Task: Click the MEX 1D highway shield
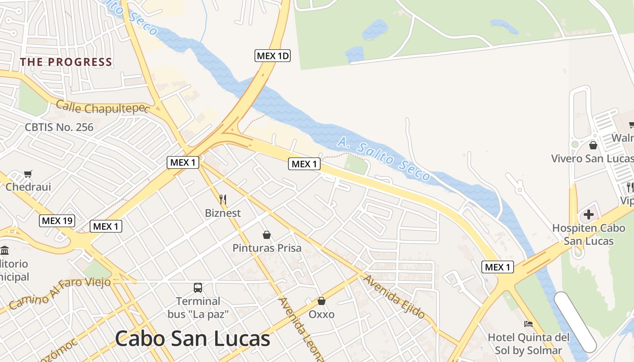point(272,56)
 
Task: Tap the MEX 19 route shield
point(57,221)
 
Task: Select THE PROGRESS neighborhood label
point(66,62)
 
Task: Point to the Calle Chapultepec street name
point(103,108)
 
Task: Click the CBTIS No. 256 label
point(59,127)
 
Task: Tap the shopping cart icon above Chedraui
point(28,174)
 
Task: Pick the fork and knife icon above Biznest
point(223,199)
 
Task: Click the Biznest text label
point(223,213)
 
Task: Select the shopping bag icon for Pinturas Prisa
point(267,235)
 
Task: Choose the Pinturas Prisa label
point(267,248)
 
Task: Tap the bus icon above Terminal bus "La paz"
point(198,287)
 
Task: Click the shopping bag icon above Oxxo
point(322,301)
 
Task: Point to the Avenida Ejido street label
point(394,296)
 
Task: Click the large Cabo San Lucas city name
point(192,338)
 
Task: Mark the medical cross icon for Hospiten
point(588,214)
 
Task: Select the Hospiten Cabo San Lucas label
point(588,234)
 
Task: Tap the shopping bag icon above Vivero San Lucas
point(593,145)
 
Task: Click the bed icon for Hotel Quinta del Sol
point(528,324)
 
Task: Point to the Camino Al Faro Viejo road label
point(60,293)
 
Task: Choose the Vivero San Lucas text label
point(592,159)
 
